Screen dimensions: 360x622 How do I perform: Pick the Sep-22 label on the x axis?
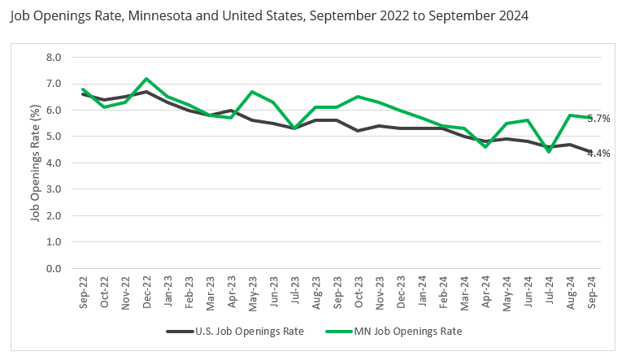[83, 290]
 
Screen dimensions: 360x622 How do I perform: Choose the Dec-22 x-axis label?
[146, 290]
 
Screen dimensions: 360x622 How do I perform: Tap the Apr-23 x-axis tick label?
[231, 290]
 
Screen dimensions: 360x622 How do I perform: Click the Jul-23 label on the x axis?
[294, 290]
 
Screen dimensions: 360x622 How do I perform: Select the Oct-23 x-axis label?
[358, 290]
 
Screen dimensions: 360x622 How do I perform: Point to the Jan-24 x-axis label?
[421, 290]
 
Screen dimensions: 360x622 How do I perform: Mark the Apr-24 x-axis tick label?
[485, 290]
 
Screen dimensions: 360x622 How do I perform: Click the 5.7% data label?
[599, 119]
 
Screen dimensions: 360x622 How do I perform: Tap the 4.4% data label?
[599, 153]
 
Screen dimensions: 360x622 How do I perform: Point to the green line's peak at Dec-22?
[146, 79]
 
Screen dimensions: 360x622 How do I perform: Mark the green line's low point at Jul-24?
[548, 152]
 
